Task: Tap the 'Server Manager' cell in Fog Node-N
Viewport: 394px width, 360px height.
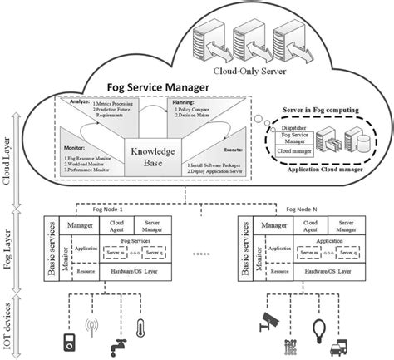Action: point(352,227)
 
